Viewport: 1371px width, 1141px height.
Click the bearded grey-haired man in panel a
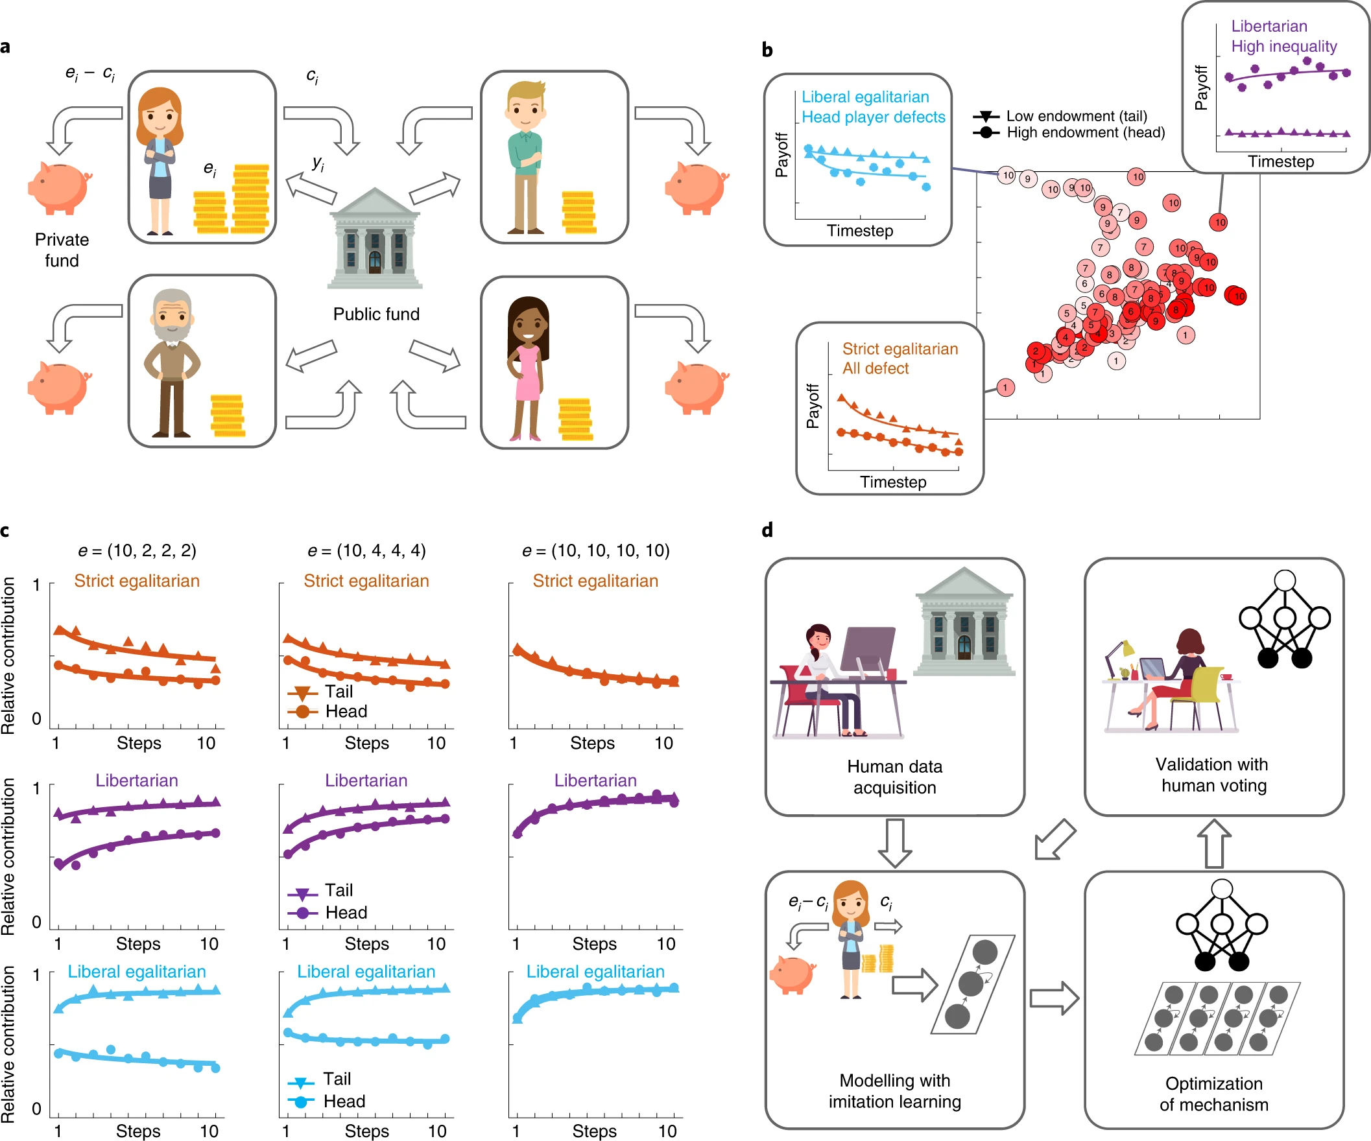172,362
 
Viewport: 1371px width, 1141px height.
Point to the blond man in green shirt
525,158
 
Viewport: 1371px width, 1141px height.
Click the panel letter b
767,50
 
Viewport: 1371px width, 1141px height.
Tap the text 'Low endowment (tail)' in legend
1076,116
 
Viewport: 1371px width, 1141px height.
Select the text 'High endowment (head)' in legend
1085,132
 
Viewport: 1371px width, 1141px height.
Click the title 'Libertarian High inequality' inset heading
1283,36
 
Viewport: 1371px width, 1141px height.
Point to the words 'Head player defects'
873,117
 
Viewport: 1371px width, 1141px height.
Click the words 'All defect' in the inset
875,369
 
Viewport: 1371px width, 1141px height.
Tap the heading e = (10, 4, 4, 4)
366,550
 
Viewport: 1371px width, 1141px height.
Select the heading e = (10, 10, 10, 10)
595,550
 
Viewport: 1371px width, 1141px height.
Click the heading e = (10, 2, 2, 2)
137,550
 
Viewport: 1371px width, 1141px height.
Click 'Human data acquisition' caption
894,777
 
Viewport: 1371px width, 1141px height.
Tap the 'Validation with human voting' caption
1213,775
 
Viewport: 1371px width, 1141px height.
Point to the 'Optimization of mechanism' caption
1213,1094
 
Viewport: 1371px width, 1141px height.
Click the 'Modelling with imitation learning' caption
894,1090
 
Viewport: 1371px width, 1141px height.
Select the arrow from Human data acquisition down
894,843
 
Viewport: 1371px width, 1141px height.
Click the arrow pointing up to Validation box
1213,843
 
